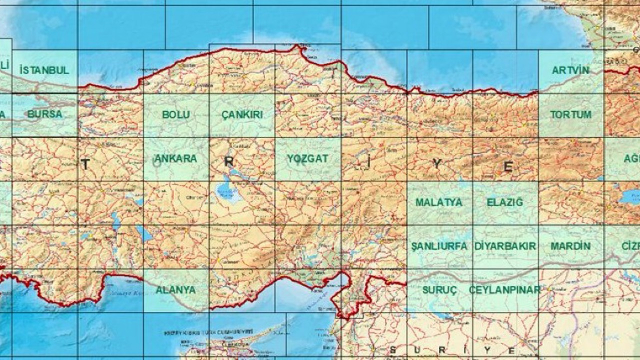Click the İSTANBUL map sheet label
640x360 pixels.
(x=44, y=70)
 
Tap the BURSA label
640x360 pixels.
(x=45, y=114)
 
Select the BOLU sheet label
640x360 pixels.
(x=176, y=114)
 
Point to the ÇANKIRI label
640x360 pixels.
(x=242, y=114)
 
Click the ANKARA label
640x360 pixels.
(x=175, y=158)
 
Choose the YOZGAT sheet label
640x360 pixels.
(x=307, y=158)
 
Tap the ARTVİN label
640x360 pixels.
(x=570, y=70)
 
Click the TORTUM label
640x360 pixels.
(x=570, y=114)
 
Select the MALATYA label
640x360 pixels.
(x=439, y=202)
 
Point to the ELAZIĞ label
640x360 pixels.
(x=505, y=202)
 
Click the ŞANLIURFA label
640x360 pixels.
(x=439, y=246)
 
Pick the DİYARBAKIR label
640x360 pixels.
(x=505, y=246)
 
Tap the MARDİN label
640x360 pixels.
(x=570, y=246)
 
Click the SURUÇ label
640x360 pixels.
(x=439, y=290)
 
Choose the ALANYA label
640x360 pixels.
(x=175, y=290)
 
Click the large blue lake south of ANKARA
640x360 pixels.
(x=225, y=190)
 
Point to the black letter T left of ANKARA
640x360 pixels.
(x=85, y=164)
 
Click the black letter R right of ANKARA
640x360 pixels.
(x=228, y=162)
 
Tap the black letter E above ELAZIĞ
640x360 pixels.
(x=508, y=166)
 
